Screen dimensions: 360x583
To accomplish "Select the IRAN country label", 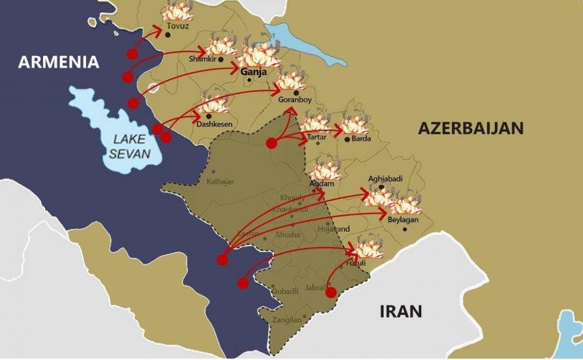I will (x=400, y=311).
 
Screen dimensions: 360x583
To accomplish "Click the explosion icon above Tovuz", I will (x=175, y=12).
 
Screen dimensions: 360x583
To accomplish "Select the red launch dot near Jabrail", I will (x=330, y=292).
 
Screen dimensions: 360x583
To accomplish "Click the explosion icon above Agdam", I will (x=325, y=171).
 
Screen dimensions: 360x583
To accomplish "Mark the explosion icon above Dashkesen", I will (x=214, y=101).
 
